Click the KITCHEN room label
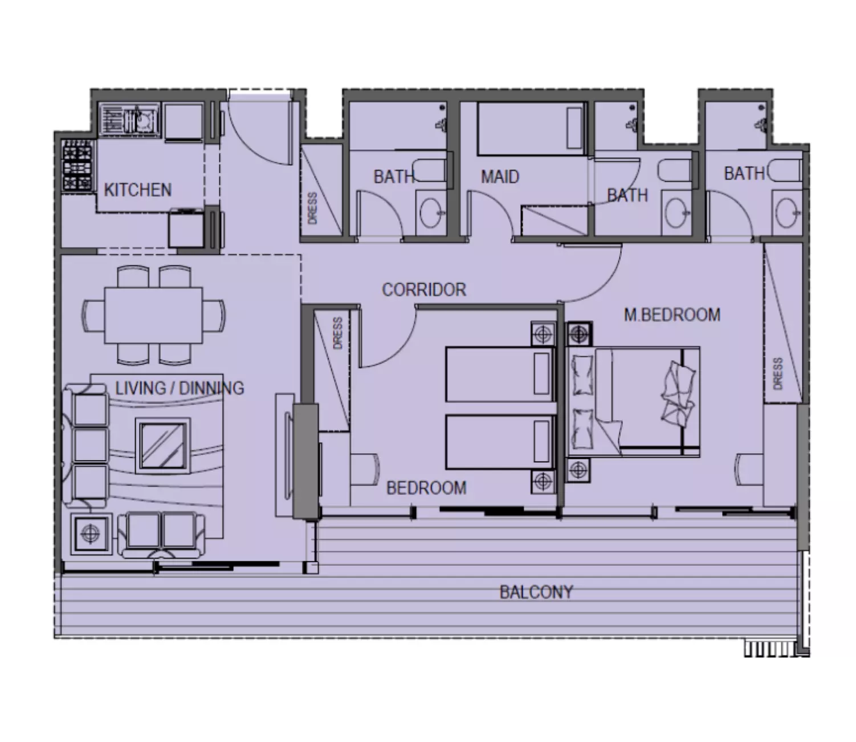click(137, 190)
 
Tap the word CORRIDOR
click(424, 290)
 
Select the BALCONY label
click(536, 592)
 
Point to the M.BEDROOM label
click(672, 315)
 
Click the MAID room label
click(500, 177)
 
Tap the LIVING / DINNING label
click(180, 388)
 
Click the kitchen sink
click(129, 119)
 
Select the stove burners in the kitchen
click(77, 165)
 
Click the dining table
click(154, 316)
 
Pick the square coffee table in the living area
click(163, 446)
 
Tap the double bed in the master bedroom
click(633, 402)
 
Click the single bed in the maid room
click(532, 129)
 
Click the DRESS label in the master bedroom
click(778, 373)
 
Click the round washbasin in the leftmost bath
click(431, 213)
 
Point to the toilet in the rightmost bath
click(784, 170)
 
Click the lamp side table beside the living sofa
click(91, 533)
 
